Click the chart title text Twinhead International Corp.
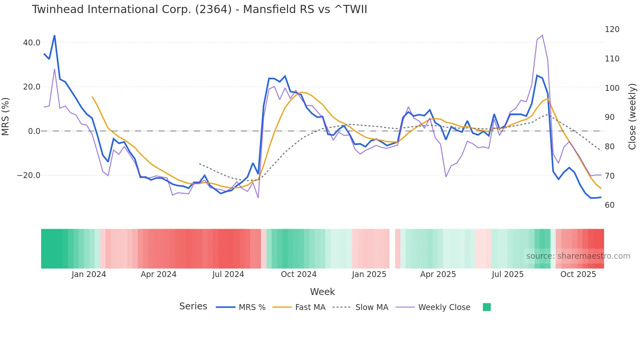(x=199, y=9)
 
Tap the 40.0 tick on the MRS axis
(x=32, y=43)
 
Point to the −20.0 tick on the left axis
(x=29, y=175)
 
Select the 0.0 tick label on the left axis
(x=34, y=131)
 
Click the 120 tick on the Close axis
(x=612, y=29)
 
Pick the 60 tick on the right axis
(x=610, y=205)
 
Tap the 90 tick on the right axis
(x=610, y=117)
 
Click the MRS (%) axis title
(x=6, y=117)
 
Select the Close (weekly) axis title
(x=632, y=117)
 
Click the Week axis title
(x=322, y=292)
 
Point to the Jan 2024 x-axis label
(x=89, y=274)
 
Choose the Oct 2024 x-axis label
(x=298, y=274)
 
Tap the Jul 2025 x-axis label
(x=507, y=274)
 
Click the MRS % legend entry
(x=252, y=307)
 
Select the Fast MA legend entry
(x=310, y=307)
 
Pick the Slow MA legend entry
(x=372, y=307)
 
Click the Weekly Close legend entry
(x=444, y=307)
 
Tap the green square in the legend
(x=487, y=307)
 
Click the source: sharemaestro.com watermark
(x=578, y=256)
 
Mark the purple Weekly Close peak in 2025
(x=542, y=35)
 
